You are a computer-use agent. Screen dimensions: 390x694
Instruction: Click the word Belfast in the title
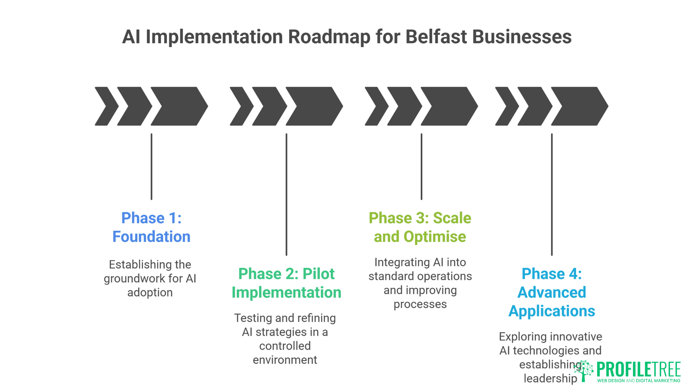436,37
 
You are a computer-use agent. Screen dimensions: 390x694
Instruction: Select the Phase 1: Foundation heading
151,227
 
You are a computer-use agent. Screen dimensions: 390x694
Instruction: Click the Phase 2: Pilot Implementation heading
286,283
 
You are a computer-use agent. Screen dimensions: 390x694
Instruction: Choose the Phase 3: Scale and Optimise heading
420,227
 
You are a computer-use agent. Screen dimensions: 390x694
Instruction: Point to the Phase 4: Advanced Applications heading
552,292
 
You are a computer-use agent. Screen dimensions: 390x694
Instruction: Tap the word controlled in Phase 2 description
285,346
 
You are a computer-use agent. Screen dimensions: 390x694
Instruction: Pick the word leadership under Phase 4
550,378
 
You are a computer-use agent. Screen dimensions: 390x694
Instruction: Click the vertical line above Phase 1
151,166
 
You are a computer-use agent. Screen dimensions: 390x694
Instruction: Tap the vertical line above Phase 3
421,166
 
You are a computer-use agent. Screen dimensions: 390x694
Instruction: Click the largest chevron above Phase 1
179,106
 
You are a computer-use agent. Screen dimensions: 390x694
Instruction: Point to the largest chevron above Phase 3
449,106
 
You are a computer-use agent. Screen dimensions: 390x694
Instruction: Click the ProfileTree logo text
638,369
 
